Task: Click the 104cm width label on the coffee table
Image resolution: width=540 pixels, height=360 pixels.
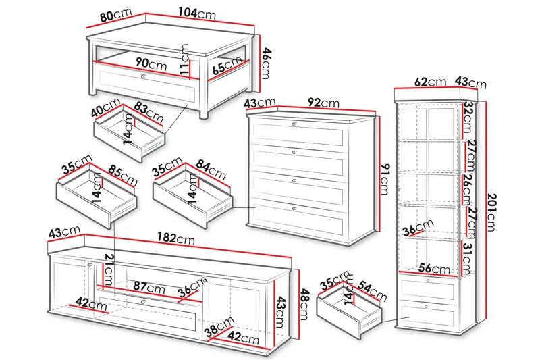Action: (x=197, y=14)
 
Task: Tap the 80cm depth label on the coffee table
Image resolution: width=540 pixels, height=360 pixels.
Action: (x=116, y=15)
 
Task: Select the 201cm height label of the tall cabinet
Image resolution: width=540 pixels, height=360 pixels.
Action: (x=492, y=212)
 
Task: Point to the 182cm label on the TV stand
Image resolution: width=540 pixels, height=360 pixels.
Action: (x=176, y=238)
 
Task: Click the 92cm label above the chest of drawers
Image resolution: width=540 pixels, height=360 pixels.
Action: (x=323, y=102)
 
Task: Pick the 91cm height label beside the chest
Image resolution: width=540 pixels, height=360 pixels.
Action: (x=384, y=179)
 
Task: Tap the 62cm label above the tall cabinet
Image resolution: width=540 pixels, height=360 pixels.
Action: (x=430, y=82)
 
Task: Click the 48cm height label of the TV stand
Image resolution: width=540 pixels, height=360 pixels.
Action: (x=304, y=304)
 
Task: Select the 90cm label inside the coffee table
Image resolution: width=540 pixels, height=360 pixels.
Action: (x=151, y=63)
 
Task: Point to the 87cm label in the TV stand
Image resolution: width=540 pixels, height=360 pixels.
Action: (x=148, y=287)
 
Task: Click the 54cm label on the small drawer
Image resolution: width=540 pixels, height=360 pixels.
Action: (x=372, y=290)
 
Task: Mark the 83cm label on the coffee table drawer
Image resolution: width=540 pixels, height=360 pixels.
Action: (x=148, y=111)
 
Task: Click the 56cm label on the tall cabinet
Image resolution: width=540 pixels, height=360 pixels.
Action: (x=434, y=268)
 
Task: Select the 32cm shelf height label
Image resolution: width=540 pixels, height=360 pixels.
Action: (x=468, y=117)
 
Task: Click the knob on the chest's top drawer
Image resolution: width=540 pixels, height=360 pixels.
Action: (x=294, y=124)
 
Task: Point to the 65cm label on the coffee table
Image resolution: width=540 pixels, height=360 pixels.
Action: (x=227, y=65)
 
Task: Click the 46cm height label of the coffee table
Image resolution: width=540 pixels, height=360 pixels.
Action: (x=266, y=63)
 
